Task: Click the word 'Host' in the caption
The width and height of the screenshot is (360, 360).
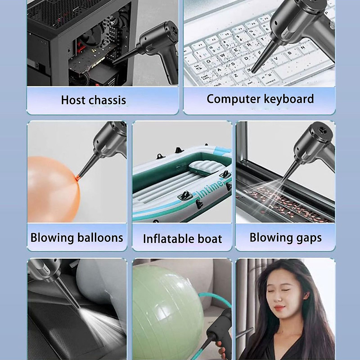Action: pos(72,100)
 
